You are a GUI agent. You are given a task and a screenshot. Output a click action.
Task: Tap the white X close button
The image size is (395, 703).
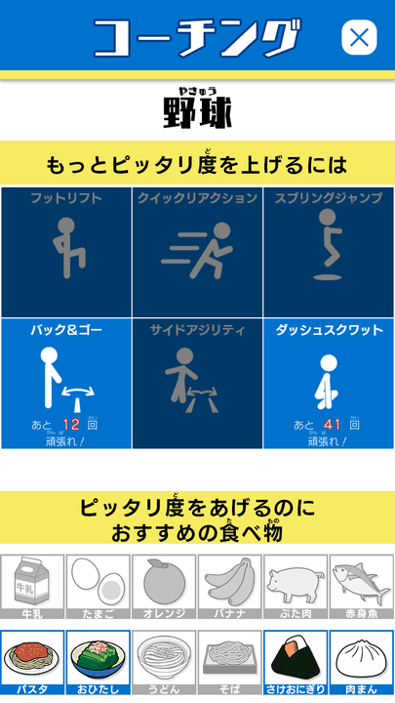point(359,38)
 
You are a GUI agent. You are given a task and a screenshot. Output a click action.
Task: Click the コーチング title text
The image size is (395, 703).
point(195,38)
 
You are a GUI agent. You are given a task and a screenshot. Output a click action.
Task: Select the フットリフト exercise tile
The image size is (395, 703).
point(65,251)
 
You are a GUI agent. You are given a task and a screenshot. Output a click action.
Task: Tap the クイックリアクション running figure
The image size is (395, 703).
point(197,249)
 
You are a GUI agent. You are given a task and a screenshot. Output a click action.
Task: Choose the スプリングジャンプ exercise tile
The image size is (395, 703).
point(329,251)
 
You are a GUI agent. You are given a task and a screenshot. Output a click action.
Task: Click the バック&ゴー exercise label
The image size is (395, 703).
point(65,331)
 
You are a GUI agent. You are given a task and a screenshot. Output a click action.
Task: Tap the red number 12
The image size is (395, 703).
point(71,425)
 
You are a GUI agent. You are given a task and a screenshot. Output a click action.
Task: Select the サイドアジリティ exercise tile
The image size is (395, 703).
point(197,384)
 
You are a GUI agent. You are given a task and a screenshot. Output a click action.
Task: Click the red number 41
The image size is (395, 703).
point(333,425)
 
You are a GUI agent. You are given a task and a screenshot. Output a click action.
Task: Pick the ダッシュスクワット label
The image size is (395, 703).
point(329,331)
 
